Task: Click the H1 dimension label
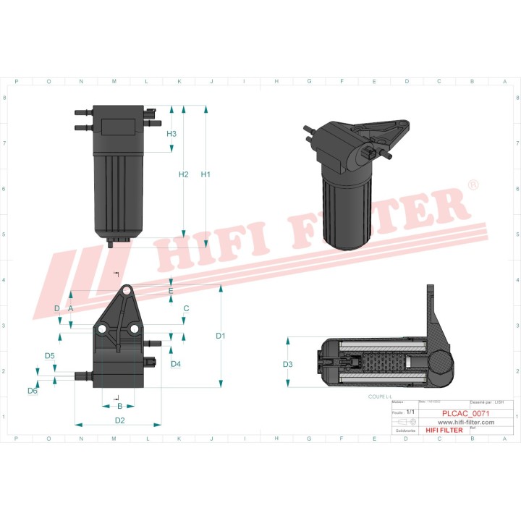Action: click(206, 174)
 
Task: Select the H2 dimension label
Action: click(183, 174)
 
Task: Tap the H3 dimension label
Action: click(171, 134)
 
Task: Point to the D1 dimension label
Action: click(221, 336)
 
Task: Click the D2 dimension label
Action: click(120, 420)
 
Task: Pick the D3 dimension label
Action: click(287, 363)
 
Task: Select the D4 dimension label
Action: click(176, 364)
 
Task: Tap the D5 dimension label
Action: click(50, 355)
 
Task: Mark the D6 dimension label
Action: click(33, 391)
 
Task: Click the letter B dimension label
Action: click(120, 406)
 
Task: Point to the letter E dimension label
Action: click(171, 291)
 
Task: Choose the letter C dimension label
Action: click(186, 308)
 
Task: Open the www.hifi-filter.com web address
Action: click(467, 421)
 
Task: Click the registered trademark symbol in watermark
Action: click(473, 186)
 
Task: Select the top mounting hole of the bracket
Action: click(127, 290)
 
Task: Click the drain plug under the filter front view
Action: click(110, 244)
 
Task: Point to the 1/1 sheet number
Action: click(410, 412)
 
